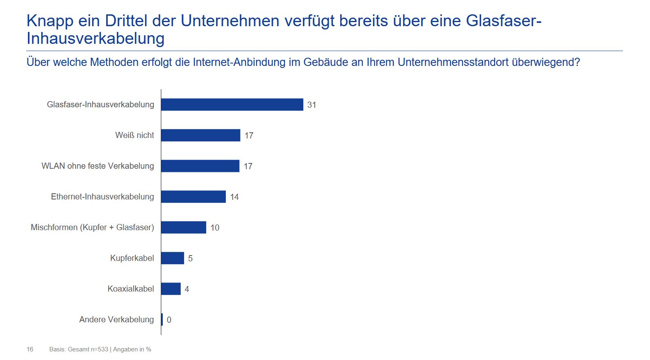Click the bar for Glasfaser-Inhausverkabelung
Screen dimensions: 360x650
point(232,104)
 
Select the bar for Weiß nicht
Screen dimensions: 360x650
point(200,135)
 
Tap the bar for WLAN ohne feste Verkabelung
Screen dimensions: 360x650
point(200,166)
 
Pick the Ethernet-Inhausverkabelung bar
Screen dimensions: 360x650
point(193,197)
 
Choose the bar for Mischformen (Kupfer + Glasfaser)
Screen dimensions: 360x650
point(184,227)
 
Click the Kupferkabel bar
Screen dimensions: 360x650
point(173,258)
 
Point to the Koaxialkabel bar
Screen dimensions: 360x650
point(171,289)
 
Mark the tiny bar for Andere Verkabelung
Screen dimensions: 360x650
point(162,319)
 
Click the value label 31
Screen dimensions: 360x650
point(312,105)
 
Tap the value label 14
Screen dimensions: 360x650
point(234,197)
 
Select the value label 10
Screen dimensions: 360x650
point(215,228)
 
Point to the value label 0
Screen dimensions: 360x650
point(169,320)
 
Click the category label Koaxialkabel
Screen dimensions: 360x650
point(131,289)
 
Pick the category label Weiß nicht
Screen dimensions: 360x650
point(134,135)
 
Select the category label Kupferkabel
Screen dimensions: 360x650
point(132,258)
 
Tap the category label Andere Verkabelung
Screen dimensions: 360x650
point(116,319)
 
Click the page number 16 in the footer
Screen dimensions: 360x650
point(30,349)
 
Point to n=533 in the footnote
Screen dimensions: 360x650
point(100,349)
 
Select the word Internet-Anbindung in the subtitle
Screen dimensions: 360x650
point(239,62)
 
